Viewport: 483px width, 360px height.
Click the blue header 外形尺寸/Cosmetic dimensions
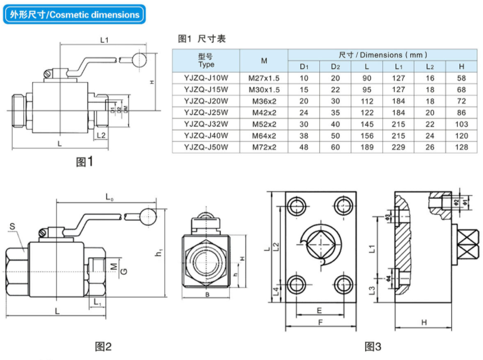pos(74,15)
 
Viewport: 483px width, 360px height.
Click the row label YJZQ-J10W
pos(206,78)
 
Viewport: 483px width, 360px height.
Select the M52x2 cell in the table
pos(264,124)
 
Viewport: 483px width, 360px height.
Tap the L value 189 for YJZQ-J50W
pos(367,146)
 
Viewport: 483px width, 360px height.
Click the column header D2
pos(335,66)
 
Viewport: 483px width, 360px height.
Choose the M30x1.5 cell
pos(264,89)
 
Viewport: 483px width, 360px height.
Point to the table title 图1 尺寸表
pos(202,39)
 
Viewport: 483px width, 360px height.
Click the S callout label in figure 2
pos(13,226)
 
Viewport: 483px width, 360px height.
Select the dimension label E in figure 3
pos(319,311)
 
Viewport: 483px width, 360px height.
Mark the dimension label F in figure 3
pos(320,323)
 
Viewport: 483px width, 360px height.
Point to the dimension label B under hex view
pos(205,294)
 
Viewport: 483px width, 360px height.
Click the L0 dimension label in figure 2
pos(109,196)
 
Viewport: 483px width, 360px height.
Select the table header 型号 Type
pos(206,60)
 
